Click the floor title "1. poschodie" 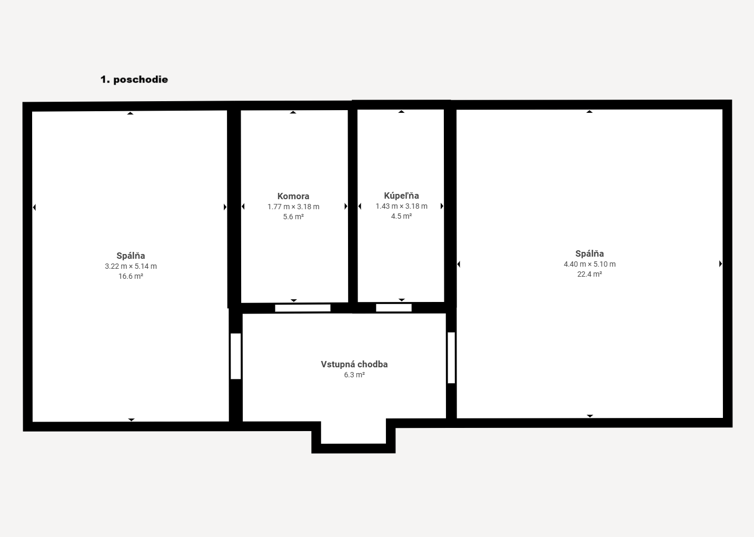134,80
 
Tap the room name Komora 293,196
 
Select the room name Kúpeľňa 401,196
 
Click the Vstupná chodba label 354,364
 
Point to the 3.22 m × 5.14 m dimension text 131,266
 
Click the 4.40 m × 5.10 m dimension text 589,264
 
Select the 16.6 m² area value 131,276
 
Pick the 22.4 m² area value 589,274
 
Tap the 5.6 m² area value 293,217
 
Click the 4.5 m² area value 401,216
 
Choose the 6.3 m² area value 354,375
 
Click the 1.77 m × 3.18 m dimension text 293,207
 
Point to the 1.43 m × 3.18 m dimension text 401,206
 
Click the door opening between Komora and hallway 303,308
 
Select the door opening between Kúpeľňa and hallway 394,308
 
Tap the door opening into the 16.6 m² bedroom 235,356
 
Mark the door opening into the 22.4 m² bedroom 451,357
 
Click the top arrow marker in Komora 293,112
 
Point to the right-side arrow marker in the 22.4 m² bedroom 720,263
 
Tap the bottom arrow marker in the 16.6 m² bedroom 131,419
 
